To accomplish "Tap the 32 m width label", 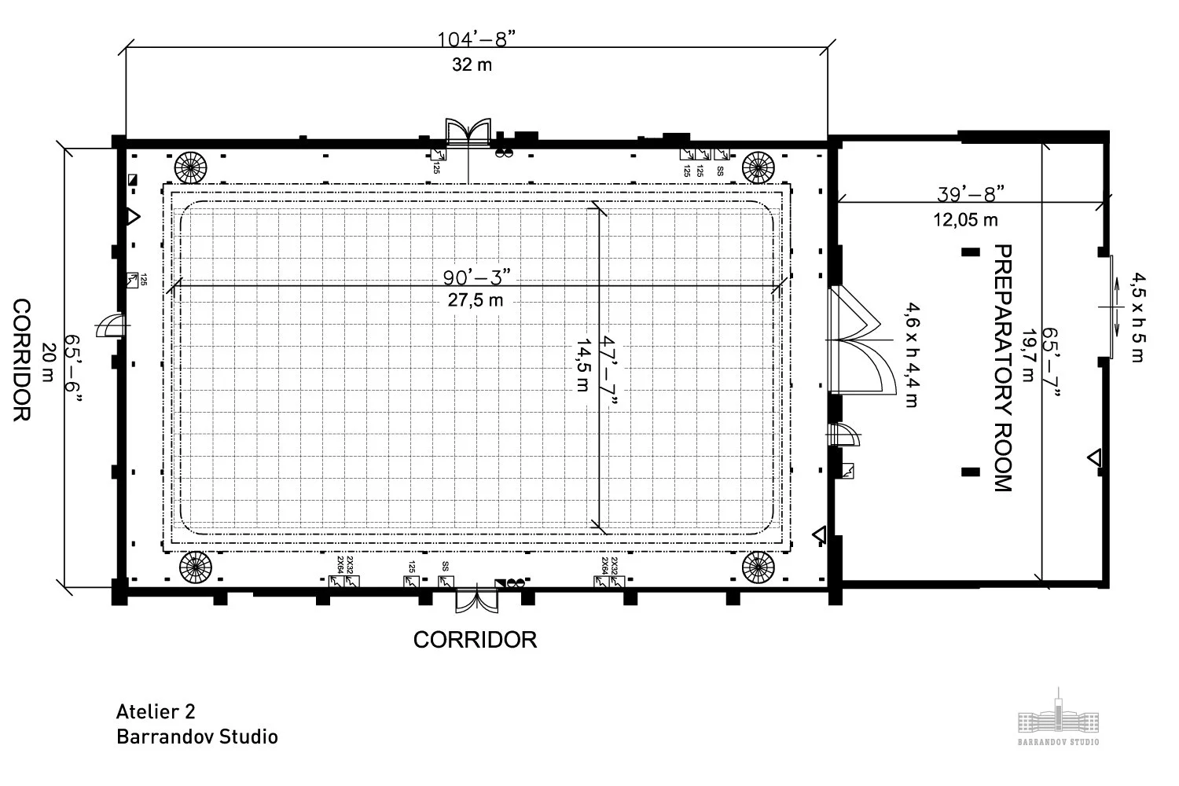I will coord(472,64).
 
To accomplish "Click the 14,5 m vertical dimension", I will coord(582,365).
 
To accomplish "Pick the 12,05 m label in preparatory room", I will coord(965,219).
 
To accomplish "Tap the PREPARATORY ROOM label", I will coord(1003,368).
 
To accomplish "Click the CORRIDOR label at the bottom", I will coord(475,640).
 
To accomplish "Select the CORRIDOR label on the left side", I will coord(21,360).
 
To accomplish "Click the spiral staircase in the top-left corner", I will coord(192,166).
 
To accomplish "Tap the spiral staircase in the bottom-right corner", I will coord(758,567).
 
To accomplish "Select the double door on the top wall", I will coord(468,133).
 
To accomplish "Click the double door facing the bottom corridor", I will coord(476,601).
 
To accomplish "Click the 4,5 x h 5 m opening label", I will coord(1137,317).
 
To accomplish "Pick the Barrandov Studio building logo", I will coord(1058,717).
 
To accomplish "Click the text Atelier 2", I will coord(156,711).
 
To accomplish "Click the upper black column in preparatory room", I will coord(971,252).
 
